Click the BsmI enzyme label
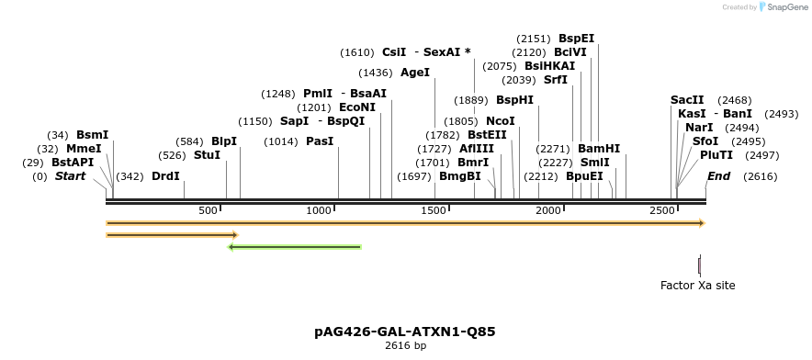pos(92,135)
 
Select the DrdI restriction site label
pos(165,176)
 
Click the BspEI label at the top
pos(576,39)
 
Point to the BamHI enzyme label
pos(599,149)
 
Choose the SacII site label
pos(687,100)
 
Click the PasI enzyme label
pos(320,141)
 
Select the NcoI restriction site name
pos(500,121)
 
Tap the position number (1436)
pos(376,73)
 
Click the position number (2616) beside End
pos(760,176)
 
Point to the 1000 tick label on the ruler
pos(319,210)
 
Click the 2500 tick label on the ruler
pos(663,210)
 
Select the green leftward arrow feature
pos(294,246)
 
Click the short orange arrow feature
pos(172,235)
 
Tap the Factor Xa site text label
pos(698,286)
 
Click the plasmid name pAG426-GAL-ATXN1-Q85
pos(405,331)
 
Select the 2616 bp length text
pos(405,346)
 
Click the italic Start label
pos(70,176)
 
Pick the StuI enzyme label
pos(207,155)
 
